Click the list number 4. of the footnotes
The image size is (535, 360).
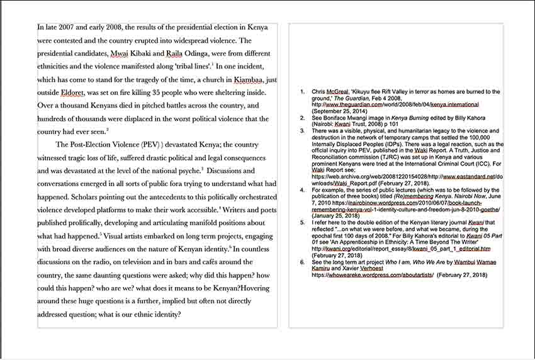click(302, 189)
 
